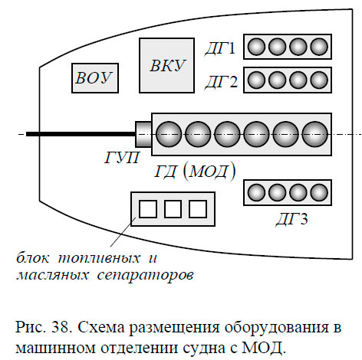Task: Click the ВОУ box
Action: (x=94, y=77)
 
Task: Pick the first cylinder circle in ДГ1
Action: (x=257, y=47)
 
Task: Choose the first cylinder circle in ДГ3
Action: (x=257, y=192)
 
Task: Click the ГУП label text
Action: (x=122, y=158)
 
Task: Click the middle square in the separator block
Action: (x=173, y=208)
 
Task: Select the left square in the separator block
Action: (x=148, y=208)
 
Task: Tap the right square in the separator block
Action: (x=197, y=208)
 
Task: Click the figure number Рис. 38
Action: (x=40, y=329)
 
